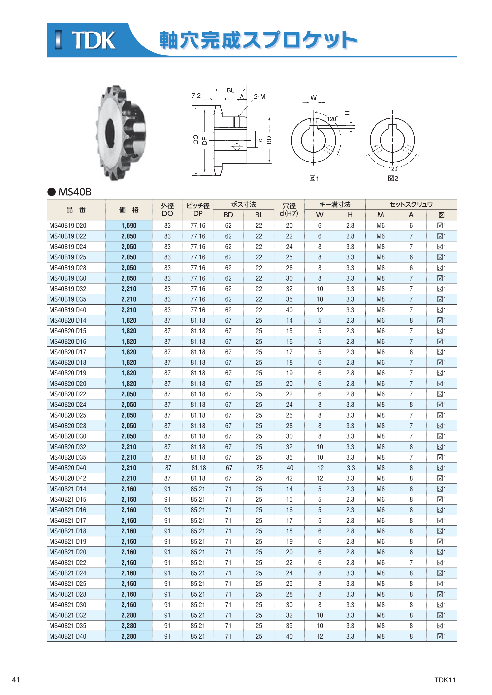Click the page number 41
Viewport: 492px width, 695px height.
click(x=16, y=680)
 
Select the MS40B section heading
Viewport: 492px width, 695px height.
click(x=75, y=192)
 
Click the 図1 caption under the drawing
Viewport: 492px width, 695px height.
click(x=314, y=179)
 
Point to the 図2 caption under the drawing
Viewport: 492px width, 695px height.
click(x=393, y=179)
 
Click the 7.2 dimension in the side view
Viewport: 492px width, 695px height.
click(x=196, y=96)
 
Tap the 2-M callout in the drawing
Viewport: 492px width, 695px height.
click(x=260, y=96)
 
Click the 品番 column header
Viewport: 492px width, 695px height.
click(x=76, y=210)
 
